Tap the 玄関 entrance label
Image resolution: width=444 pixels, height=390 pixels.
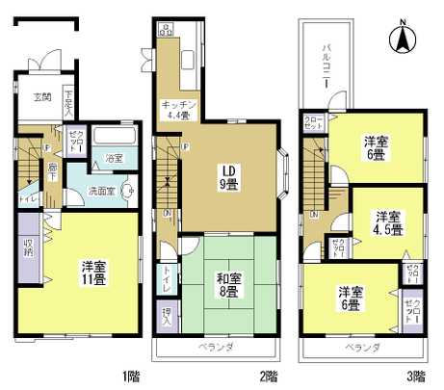coord(42,96)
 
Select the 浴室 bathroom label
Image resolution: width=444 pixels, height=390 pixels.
coord(115,157)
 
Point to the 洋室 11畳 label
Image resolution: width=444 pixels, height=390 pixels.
coord(93,273)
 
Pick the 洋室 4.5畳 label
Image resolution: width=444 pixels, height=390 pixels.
coord(387,221)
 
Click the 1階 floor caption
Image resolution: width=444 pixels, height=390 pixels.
coord(127,375)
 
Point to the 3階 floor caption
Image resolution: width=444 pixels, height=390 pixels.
coord(415,375)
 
